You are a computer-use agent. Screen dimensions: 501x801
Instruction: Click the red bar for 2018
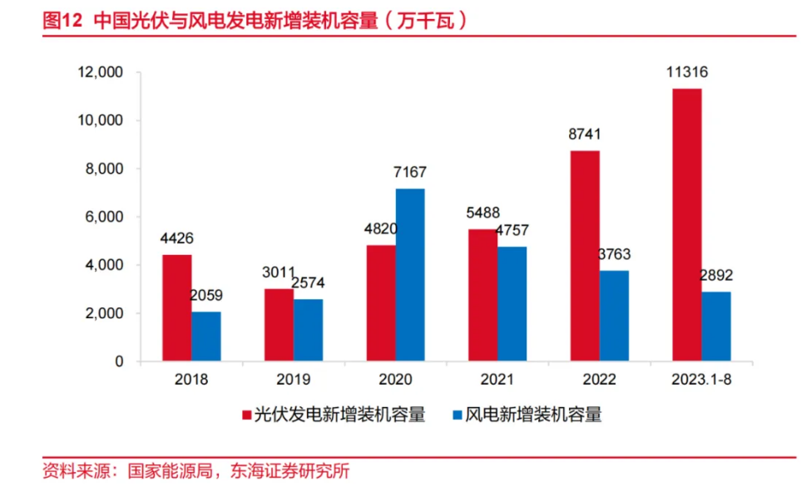[176, 308]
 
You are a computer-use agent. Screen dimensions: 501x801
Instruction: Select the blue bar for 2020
[410, 275]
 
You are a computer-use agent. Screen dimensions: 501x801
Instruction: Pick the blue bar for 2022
[614, 316]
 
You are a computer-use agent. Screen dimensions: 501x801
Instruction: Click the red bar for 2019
[279, 325]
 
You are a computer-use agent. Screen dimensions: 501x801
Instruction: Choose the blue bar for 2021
[512, 304]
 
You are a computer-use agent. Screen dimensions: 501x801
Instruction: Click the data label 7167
[409, 173]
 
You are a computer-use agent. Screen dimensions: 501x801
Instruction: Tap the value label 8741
[585, 135]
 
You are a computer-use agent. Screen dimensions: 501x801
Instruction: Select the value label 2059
[206, 296]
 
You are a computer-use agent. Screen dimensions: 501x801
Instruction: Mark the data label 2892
[716, 276]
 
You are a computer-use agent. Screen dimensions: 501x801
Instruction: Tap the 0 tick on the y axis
[119, 362]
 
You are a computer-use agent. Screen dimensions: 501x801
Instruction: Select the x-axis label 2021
[497, 380]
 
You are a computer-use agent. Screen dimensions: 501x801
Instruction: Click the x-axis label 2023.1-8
[700, 380]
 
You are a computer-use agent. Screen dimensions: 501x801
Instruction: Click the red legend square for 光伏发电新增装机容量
[246, 415]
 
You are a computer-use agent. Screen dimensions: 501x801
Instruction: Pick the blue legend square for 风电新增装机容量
[456, 415]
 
